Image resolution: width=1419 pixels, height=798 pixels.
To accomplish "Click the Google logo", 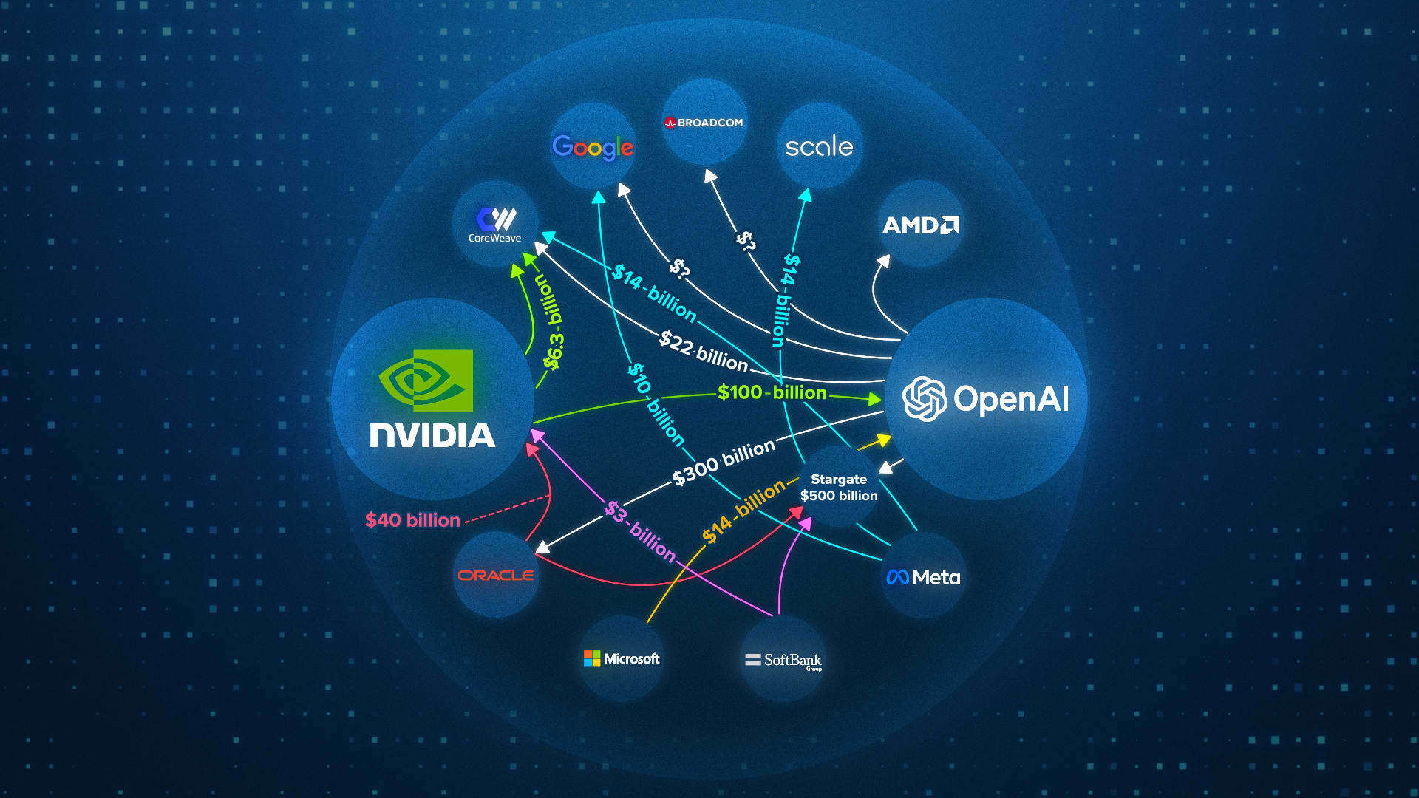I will [x=592, y=147].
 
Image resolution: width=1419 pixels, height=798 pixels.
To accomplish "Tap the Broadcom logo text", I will [x=704, y=123].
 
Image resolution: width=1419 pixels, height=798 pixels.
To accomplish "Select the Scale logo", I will [x=819, y=146].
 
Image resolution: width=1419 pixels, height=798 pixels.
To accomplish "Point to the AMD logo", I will [x=920, y=225].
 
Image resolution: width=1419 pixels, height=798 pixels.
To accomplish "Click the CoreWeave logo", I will [x=495, y=224].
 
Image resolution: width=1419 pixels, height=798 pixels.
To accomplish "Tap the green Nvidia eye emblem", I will [x=426, y=381].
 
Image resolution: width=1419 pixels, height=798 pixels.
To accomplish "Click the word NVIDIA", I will [x=432, y=435].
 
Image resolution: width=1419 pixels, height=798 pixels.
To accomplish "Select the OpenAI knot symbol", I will [x=925, y=399].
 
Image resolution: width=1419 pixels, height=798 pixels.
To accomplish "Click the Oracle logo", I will [x=495, y=575].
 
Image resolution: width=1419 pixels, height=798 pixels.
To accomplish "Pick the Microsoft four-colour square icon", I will [x=592, y=658].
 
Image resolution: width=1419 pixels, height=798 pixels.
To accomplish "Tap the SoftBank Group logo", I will [x=783, y=660].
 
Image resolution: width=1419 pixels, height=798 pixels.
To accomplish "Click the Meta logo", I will [x=923, y=577].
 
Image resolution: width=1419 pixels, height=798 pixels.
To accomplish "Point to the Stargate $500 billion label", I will [x=839, y=488].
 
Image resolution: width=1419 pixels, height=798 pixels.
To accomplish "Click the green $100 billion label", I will [x=772, y=392].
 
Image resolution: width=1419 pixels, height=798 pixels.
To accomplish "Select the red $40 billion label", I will [x=412, y=520].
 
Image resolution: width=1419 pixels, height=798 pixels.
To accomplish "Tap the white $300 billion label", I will [x=724, y=461].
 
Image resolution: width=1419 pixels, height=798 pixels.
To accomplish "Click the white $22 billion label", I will [x=704, y=351].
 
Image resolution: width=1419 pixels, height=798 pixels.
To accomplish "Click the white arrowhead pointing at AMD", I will [x=884, y=261].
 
